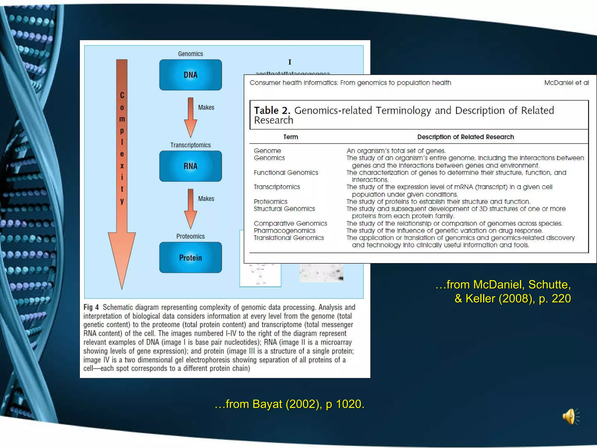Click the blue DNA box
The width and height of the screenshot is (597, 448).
(190, 75)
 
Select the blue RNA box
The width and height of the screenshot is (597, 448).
(190, 166)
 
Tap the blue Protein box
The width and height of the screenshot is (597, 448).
(190, 258)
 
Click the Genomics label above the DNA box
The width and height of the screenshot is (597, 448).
(190, 54)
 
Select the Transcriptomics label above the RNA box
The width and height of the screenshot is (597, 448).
(190, 145)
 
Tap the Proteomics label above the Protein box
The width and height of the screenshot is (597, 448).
(190, 236)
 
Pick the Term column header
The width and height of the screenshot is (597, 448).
(291, 137)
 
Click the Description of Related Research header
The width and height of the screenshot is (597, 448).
(466, 137)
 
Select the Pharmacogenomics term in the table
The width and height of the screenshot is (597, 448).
(285, 231)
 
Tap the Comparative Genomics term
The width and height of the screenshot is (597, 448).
(290, 223)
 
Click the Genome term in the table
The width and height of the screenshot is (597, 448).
(267, 151)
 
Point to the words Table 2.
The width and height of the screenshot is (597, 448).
(272, 111)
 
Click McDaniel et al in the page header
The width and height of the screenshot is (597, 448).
(566, 83)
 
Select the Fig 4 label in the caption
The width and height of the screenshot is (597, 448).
(91, 307)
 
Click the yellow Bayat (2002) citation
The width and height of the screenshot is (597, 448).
(289, 404)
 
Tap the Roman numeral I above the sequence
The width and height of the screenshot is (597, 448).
(290, 62)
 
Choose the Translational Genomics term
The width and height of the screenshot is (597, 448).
(289, 238)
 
